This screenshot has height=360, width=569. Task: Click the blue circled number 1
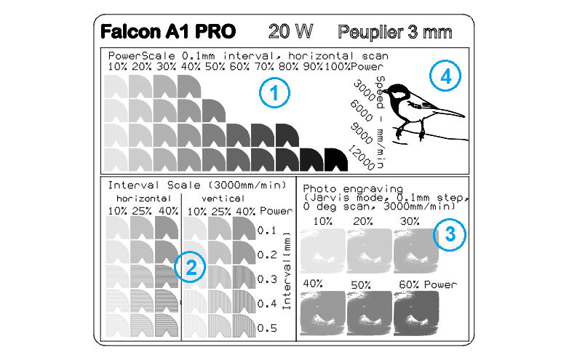pos(274,93)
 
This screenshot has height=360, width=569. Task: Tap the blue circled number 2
pos(190,267)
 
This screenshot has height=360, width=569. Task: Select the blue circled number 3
pos(450,234)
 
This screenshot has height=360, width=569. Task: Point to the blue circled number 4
pos(445,76)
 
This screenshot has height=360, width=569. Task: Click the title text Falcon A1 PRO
pos(168,31)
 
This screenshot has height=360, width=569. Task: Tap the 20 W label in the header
pos(290,31)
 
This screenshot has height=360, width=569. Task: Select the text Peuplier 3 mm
pos(395,32)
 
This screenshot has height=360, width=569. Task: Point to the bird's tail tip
pos(463,116)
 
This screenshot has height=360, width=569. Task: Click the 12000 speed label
pos(362,158)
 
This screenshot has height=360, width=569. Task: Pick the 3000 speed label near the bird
pos(364,91)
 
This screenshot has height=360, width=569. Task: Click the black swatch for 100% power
pos(336,159)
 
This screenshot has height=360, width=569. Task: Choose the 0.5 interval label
pos(267,329)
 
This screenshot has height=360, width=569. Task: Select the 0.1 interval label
pos(267,231)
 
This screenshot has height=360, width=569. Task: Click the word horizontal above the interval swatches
pos(143,199)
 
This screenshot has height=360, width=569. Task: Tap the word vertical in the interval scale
pos(223,199)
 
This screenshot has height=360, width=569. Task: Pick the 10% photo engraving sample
pos(323,250)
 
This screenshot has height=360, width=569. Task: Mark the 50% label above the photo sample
pos(361,285)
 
